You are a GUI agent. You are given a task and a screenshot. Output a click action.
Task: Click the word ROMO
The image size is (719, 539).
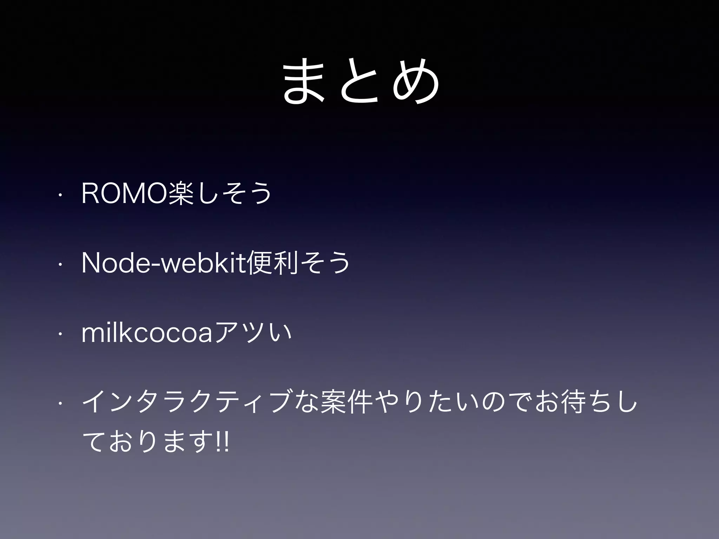tap(125, 193)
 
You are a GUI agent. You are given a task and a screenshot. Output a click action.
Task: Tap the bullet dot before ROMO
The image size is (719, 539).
tap(61, 194)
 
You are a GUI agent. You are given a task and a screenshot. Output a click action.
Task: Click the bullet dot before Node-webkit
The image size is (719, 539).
tap(61, 265)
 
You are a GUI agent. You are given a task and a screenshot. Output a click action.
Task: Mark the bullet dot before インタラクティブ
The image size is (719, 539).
tap(61, 404)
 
